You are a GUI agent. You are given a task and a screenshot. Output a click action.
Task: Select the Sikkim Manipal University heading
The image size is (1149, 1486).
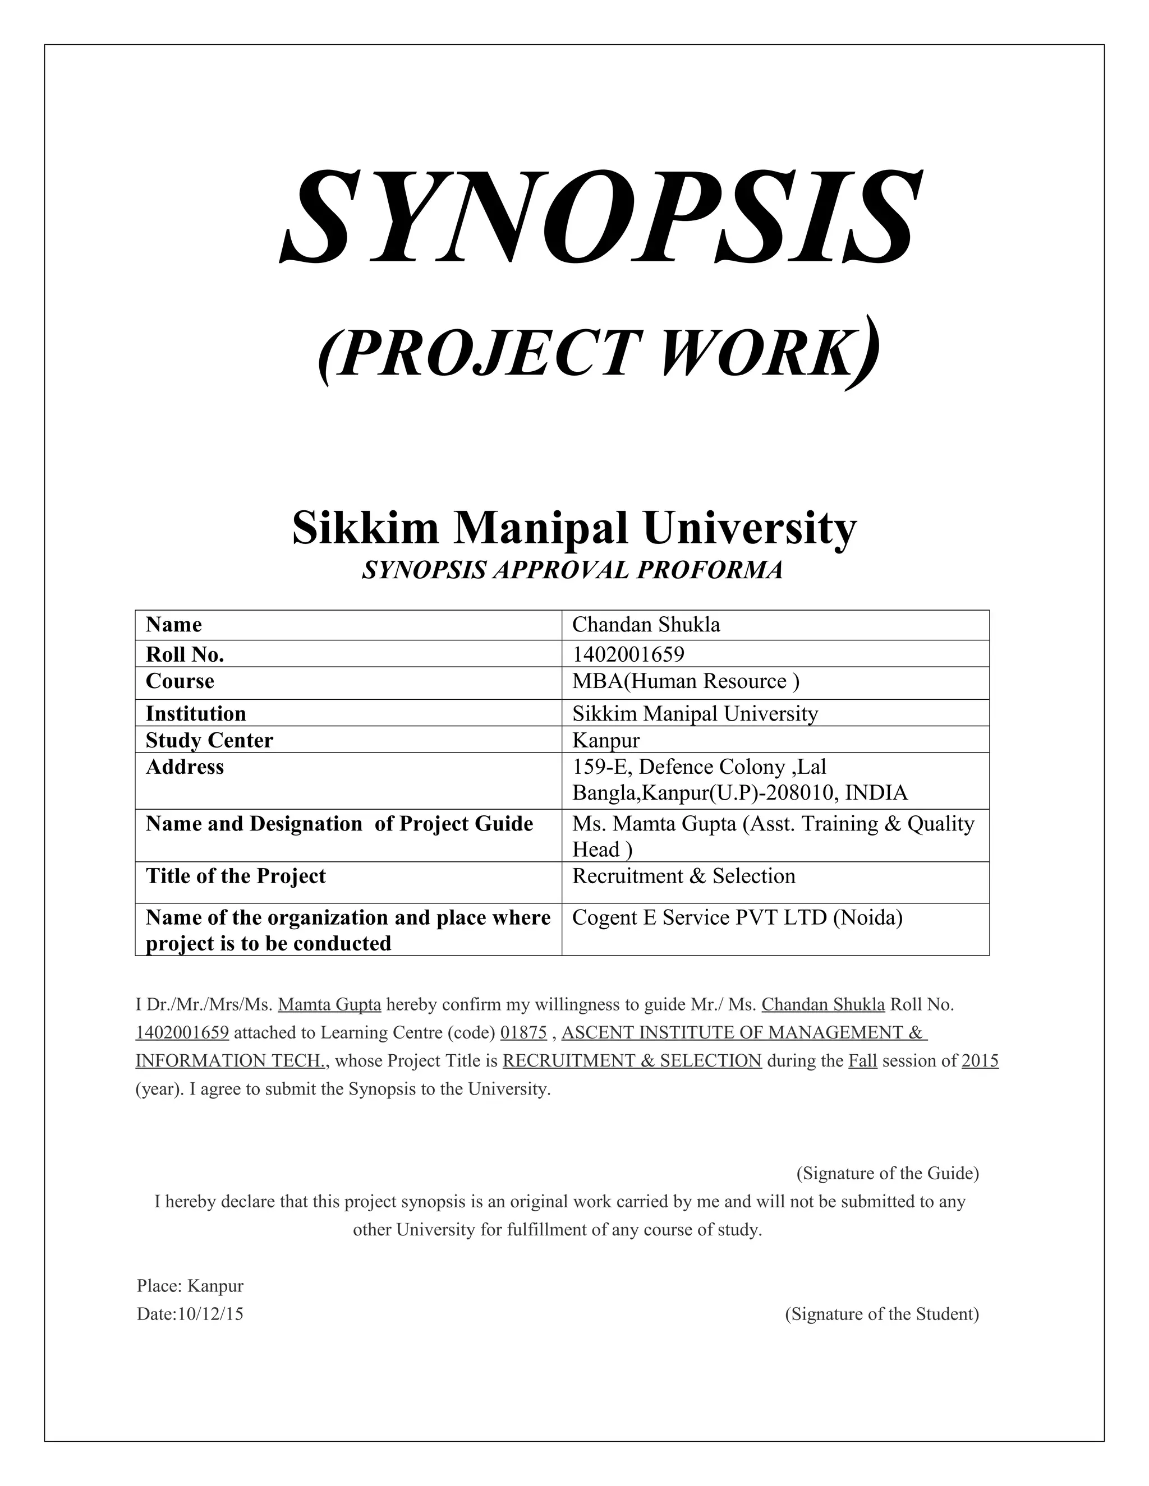coord(574,528)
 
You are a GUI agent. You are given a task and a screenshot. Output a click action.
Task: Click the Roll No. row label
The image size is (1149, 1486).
coord(185,654)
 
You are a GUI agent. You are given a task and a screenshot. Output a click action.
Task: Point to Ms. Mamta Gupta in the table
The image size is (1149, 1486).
coord(654,824)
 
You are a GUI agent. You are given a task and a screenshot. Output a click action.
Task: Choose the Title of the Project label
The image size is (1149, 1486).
coord(236,876)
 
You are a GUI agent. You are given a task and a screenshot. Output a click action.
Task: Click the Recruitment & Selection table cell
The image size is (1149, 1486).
coord(683,876)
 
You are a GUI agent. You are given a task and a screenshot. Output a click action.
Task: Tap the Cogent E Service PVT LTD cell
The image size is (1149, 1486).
coord(737,918)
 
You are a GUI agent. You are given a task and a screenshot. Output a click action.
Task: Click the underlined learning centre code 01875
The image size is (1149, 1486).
coord(523,1033)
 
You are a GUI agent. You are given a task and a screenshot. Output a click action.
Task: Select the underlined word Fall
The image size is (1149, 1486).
coord(862,1061)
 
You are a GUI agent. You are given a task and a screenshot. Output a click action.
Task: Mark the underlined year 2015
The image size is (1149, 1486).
coord(980,1061)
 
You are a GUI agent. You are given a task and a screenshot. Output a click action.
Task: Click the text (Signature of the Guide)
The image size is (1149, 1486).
coord(887,1173)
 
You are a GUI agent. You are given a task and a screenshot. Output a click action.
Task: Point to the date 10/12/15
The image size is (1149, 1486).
coord(210,1314)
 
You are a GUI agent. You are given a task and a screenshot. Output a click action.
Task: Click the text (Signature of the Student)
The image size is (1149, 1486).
coord(881,1314)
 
